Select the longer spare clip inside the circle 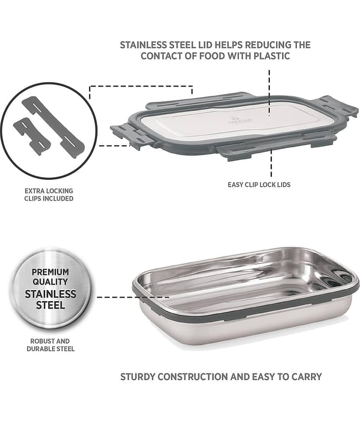point(53,126)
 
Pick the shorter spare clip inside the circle point(32,137)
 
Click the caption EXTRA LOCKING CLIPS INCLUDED point(49,195)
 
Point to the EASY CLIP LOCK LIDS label point(259,185)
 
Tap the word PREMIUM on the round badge point(50,272)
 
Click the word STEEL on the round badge point(51,305)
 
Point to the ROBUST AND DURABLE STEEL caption point(50,345)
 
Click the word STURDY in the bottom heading point(138,377)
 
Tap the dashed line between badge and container point(133,297)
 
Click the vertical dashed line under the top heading point(269,93)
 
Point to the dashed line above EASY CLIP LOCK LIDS point(271,164)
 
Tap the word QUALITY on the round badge point(50,282)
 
